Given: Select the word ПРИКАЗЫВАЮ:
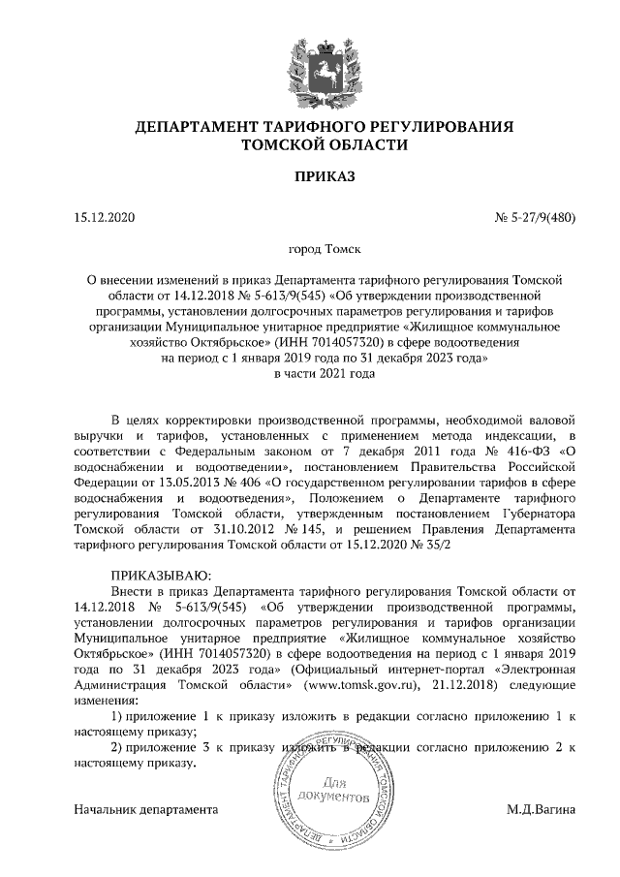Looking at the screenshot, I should click(155, 575).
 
